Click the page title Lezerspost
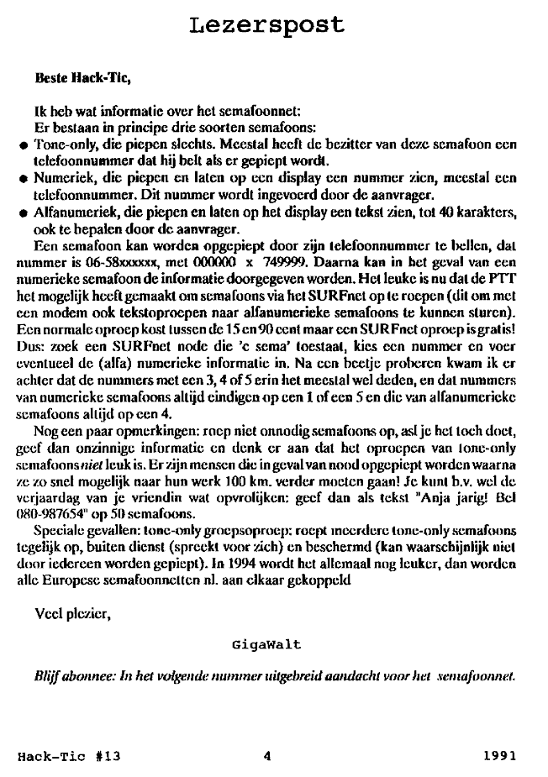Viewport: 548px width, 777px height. coord(267,24)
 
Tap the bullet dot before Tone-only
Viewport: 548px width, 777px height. coord(24,145)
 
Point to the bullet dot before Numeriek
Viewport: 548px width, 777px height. coord(24,178)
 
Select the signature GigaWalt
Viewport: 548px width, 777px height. coord(266,645)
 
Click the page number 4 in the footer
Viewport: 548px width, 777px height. coord(266,755)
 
